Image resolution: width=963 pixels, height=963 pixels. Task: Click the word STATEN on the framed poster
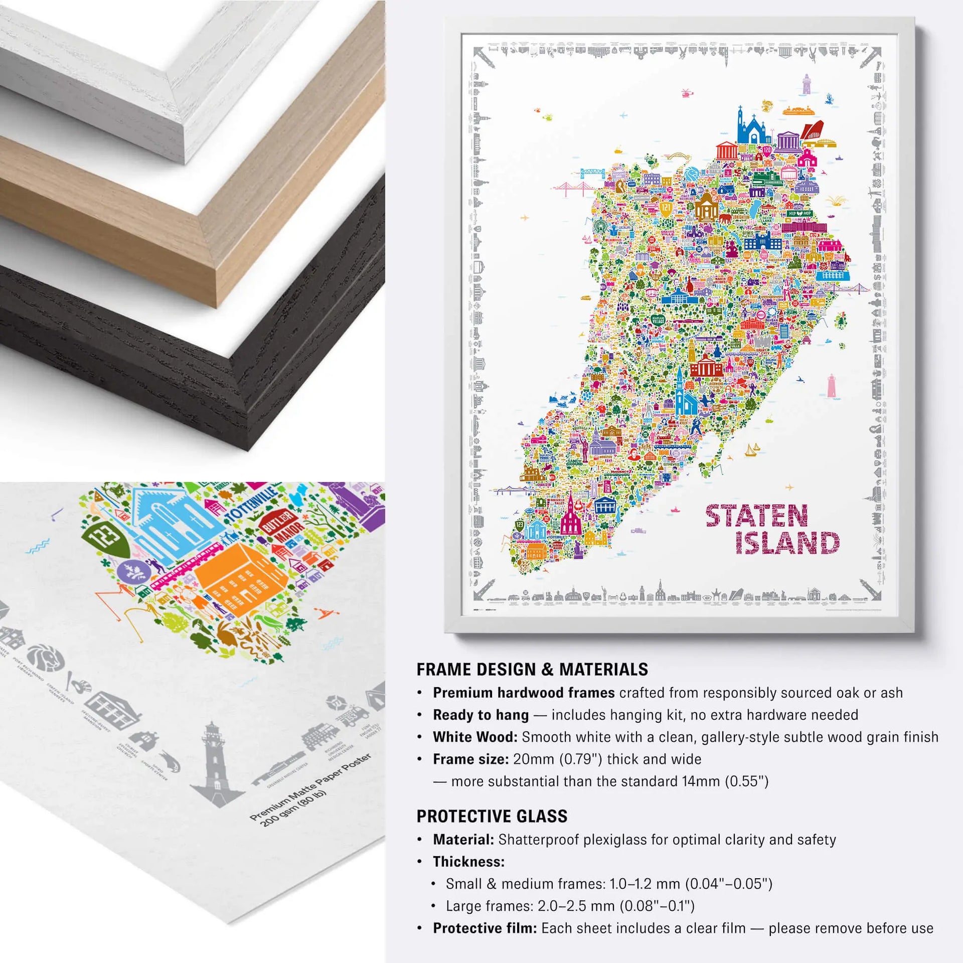756,516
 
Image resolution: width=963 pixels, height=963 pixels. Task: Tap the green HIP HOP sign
799,213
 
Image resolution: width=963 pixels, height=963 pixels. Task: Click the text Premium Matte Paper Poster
310,786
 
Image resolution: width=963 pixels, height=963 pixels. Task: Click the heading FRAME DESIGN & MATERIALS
532,670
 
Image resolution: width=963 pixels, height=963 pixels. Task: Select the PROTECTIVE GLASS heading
492,816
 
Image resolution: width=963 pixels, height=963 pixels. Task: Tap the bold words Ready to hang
480,715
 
